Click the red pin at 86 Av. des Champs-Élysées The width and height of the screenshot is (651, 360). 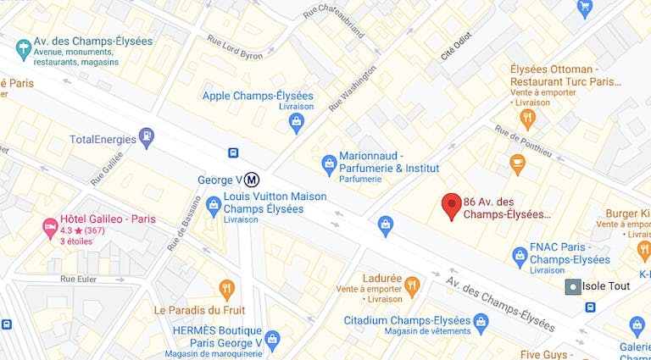pos(452,206)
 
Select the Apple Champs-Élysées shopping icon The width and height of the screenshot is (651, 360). pos(296,125)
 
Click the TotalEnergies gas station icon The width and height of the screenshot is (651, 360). pos(147,136)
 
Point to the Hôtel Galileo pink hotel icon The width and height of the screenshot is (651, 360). pos(50,226)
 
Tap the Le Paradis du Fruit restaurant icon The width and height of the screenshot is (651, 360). pos(226,289)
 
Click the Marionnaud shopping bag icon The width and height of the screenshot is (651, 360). pos(329,162)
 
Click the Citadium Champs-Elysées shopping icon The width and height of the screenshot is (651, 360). pos(481,322)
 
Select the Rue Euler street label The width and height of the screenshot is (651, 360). pos(80,278)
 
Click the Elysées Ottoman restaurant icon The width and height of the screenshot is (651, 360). pos(528,119)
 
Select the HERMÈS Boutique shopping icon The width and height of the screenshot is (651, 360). pos(272,340)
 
